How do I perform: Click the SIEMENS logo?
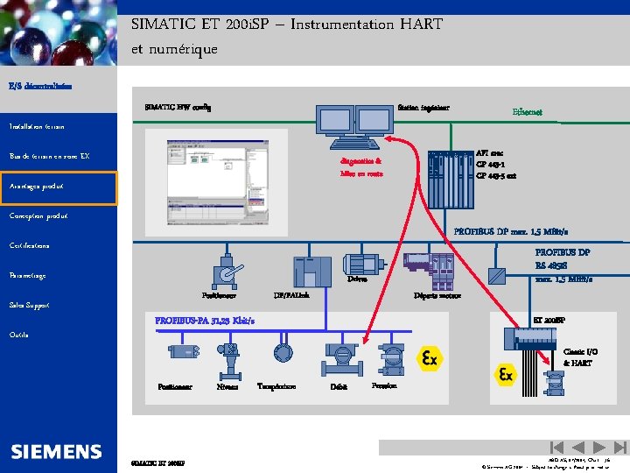point(57,452)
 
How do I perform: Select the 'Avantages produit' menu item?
point(38,187)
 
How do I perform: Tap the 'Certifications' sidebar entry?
point(30,245)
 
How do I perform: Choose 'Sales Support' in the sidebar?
point(29,306)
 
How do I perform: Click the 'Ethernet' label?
point(527,112)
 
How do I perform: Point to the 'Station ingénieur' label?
point(423,108)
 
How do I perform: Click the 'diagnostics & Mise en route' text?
point(361,167)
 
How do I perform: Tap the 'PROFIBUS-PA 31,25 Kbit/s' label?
point(205,321)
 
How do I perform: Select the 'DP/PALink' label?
point(291,295)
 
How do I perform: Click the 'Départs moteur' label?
point(437,296)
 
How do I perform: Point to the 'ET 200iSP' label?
point(549,321)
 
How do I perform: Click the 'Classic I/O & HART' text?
point(577,357)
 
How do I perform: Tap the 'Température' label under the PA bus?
point(276,386)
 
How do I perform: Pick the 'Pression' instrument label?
point(384,385)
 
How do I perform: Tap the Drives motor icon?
point(360,261)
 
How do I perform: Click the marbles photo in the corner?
point(58,35)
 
